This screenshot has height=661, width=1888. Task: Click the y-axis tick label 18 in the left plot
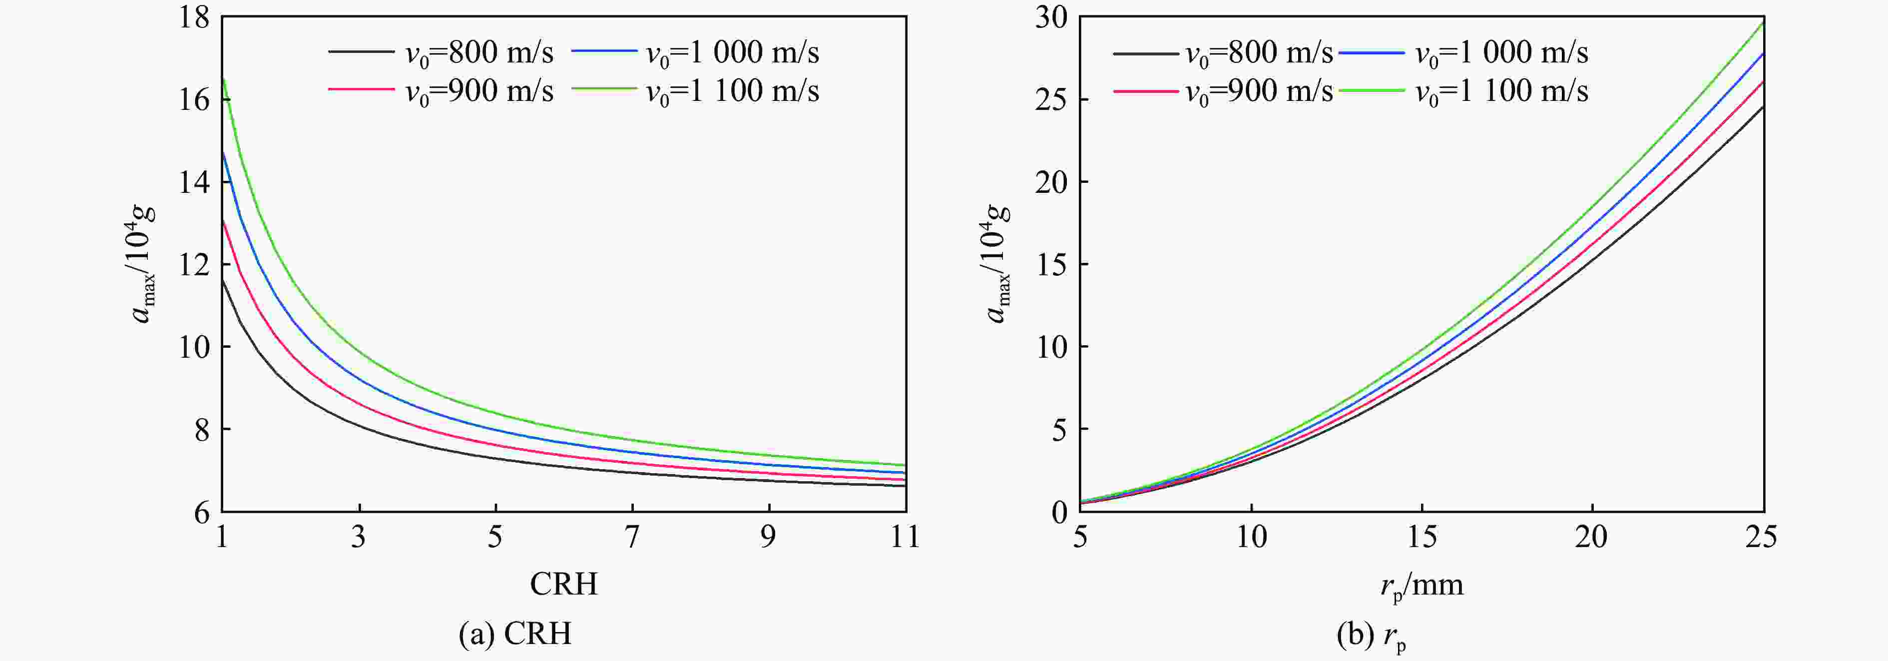tap(194, 17)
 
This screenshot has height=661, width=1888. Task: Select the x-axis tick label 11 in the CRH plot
tap(905, 537)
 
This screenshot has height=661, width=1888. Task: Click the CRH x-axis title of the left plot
tap(563, 584)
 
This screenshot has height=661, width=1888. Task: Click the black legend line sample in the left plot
tap(361, 51)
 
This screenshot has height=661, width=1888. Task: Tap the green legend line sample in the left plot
tap(605, 89)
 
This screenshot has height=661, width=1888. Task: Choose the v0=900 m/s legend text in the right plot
tap(1259, 91)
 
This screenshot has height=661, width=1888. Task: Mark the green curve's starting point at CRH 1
tap(223, 78)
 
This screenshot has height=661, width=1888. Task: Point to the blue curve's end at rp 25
tap(1762, 53)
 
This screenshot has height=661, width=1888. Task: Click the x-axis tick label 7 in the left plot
tap(632, 537)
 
